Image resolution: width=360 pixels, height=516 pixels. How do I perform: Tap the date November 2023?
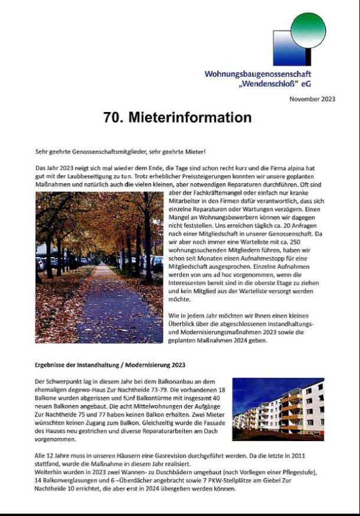tap(312, 99)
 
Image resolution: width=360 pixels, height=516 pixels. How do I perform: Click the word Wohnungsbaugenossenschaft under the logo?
tap(258, 74)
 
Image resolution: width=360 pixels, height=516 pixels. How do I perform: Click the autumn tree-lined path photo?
tap(99, 267)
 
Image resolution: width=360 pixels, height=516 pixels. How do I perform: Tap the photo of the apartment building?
tap(278, 405)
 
